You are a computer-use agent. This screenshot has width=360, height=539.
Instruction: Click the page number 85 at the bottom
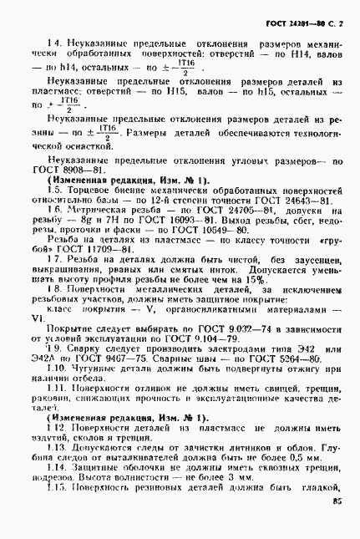coord(337,502)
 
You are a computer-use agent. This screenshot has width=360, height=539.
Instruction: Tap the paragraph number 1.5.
coord(55,190)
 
